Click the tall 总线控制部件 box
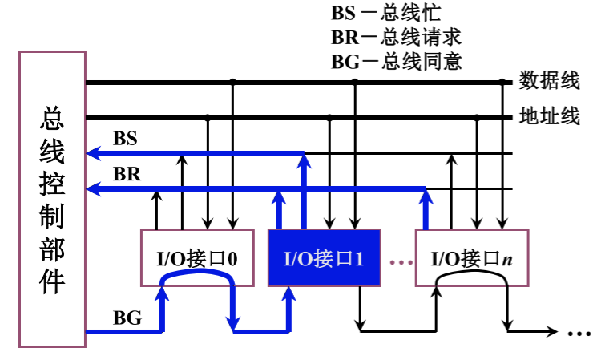[x=53, y=199]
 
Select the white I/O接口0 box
[x=197, y=257]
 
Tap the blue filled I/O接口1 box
[x=325, y=257]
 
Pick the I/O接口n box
[x=472, y=257]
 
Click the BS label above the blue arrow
[x=125, y=138]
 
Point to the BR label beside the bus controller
[x=127, y=174]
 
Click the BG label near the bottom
[x=127, y=318]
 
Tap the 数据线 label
[x=550, y=80]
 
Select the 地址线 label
[x=550, y=115]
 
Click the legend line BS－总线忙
[x=386, y=13]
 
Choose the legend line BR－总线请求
[x=397, y=37]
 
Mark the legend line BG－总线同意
[x=397, y=61]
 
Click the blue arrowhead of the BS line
[x=94, y=153]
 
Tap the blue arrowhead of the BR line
[x=94, y=188]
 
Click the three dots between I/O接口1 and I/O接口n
[x=401, y=262]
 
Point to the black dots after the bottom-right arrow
[x=579, y=334]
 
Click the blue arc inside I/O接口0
[x=197, y=272]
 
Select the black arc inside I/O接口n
[x=472, y=273]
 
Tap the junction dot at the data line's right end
[x=502, y=82]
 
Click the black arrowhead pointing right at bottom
[x=551, y=331]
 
